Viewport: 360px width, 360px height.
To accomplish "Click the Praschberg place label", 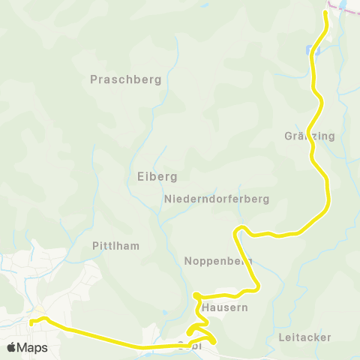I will pyautogui.click(x=126, y=79).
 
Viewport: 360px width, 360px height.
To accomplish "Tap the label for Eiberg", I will pyautogui.click(x=157, y=177).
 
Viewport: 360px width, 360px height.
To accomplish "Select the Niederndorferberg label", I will pyautogui.click(x=216, y=199).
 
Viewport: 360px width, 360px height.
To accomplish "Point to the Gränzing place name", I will pyautogui.click(x=310, y=136).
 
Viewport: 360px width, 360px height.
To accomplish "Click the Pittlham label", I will pyautogui.click(x=115, y=246).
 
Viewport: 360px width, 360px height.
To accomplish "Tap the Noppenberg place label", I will pyautogui.click(x=217, y=261).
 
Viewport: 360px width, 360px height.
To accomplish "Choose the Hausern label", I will pyautogui.click(x=225, y=307).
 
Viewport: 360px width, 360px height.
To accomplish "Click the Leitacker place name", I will pyautogui.click(x=304, y=337).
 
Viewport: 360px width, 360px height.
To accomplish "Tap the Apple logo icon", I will pyautogui.click(x=12, y=347).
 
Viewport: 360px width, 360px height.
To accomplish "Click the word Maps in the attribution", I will pyautogui.click(x=33, y=347).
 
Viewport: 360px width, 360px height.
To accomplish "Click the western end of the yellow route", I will pyautogui.click(x=31, y=322).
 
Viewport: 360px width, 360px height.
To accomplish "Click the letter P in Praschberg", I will pyautogui.click(x=94, y=79).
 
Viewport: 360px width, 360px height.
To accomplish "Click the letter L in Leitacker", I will pyautogui.click(x=280, y=337).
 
